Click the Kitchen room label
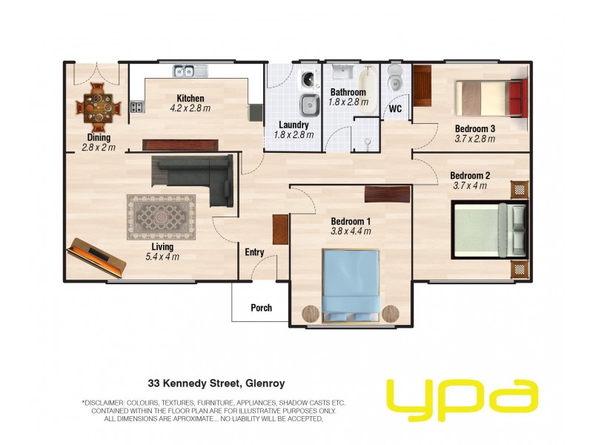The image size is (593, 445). (191, 99)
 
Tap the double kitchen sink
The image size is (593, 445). (191, 70)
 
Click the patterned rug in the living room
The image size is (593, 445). (161, 217)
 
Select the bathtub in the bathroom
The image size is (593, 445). (368, 90)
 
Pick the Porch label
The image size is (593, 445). (262, 308)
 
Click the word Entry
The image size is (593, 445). (254, 252)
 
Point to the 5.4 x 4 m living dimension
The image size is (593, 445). (162, 257)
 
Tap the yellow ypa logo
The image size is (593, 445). (463, 400)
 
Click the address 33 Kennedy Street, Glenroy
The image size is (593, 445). (216, 383)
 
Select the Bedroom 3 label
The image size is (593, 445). (475, 128)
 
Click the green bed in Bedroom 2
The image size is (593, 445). (489, 230)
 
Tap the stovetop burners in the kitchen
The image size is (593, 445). (138, 107)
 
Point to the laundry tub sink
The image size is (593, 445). (310, 105)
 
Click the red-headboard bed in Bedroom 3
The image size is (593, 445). (491, 98)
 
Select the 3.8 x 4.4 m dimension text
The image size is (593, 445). (351, 231)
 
